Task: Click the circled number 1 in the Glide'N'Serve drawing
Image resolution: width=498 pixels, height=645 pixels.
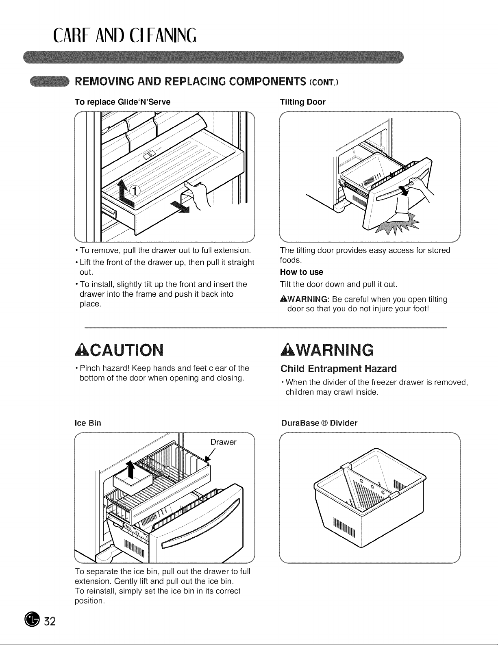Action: click(x=135, y=191)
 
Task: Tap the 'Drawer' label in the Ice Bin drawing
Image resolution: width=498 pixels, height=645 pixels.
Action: click(x=223, y=442)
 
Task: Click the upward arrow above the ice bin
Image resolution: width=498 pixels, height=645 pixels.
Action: click(x=130, y=470)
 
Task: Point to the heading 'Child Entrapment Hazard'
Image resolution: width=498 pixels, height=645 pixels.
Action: click(x=339, y=369)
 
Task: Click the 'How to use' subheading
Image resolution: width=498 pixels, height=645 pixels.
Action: click(x=302, y=272)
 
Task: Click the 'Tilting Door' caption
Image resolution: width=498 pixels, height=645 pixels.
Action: click(x=303, y=102)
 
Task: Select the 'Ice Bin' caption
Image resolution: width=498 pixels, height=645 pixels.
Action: click(x=88, y=423)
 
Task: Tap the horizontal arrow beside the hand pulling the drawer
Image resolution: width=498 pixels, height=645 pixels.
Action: click(x=180, y=206)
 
